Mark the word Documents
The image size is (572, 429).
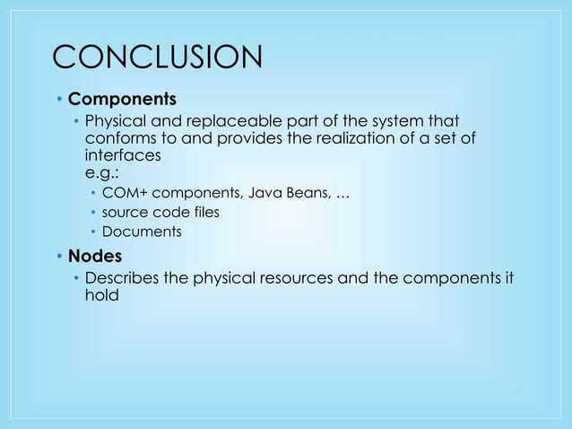point(143,232)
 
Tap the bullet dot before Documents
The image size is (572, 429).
point(94,232)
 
